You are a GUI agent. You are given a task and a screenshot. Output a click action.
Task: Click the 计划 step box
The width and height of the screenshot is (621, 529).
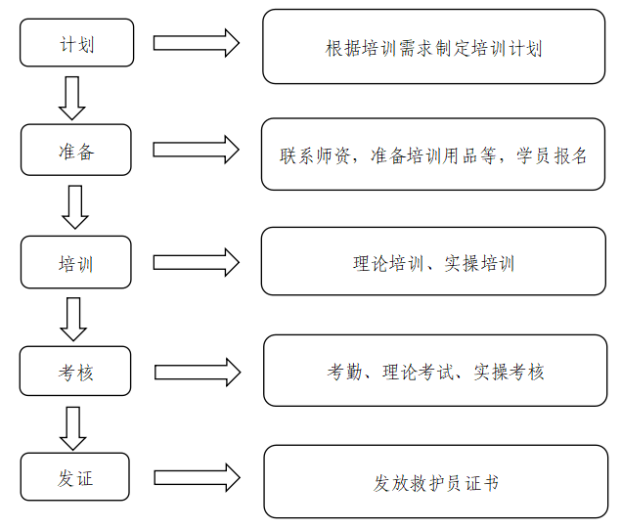[77, 43]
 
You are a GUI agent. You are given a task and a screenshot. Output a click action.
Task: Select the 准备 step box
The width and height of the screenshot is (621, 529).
[76, 150]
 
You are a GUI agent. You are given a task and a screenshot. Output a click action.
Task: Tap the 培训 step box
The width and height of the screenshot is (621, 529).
[76, 262]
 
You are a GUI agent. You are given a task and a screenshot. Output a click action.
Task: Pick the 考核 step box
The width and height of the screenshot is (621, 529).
[75, 371]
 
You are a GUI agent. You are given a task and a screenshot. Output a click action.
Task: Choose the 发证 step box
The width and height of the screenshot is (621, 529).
[75, 477]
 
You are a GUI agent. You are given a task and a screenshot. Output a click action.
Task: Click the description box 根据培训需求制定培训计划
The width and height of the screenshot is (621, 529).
[433, 47]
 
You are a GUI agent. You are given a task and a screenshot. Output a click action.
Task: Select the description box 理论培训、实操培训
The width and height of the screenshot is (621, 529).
[433, 261]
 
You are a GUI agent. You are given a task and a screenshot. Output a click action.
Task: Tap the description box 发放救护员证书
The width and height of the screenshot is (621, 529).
[435, 481]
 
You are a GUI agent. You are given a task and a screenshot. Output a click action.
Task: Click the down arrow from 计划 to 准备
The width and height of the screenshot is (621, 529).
[72, 98]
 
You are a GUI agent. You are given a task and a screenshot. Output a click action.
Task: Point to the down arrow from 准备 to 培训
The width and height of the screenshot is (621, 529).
[75, 207]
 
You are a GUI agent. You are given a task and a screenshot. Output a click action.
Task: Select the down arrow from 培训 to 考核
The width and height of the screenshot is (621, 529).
[73, 319]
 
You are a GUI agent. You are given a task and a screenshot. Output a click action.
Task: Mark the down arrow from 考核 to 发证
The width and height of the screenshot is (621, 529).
[73, 428]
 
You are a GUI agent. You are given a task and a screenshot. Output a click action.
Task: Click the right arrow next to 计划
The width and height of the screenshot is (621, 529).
[197, 43]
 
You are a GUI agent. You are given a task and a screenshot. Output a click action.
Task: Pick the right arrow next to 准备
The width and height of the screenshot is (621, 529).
[197, 150]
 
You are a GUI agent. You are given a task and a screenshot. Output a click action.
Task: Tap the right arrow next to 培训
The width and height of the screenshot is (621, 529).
[197, 262]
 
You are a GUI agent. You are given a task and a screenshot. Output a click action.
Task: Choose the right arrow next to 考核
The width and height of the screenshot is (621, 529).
[198, 373]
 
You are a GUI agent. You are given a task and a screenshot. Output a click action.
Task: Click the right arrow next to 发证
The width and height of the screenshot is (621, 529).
[198, 478]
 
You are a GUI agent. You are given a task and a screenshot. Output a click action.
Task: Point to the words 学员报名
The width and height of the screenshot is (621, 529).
[551, 155]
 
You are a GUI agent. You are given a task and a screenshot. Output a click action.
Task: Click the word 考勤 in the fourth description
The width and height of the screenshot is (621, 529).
[344, 373]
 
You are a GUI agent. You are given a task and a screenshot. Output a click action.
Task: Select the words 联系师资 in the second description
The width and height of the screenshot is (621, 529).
[315, 155]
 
